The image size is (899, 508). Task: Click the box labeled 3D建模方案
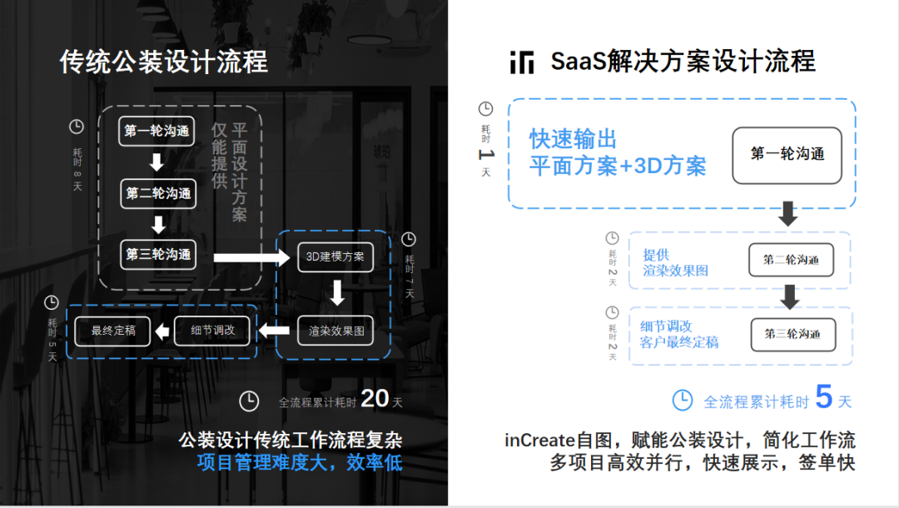[335, 256]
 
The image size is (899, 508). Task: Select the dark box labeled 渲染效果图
[336, 331]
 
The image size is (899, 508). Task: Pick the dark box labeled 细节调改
[213, 331]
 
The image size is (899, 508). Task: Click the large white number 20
[375, 399]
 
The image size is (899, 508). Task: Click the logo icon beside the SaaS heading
[522, 62]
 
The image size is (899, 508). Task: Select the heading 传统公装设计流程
[164, 62]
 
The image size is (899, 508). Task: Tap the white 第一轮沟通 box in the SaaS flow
[787, 155]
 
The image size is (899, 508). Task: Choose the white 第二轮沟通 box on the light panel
[791, 260]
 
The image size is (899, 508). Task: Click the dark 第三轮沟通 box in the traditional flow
[158, 254]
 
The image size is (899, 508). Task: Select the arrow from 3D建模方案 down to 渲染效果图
[336, 292]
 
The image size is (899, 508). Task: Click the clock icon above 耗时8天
[77, 127]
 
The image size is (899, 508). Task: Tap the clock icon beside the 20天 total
[248, 401]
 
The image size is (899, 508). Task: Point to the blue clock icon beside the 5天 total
[682, 400]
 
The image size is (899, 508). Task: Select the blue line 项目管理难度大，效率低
[300, 463]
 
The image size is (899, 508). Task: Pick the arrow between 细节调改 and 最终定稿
[162, 331]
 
